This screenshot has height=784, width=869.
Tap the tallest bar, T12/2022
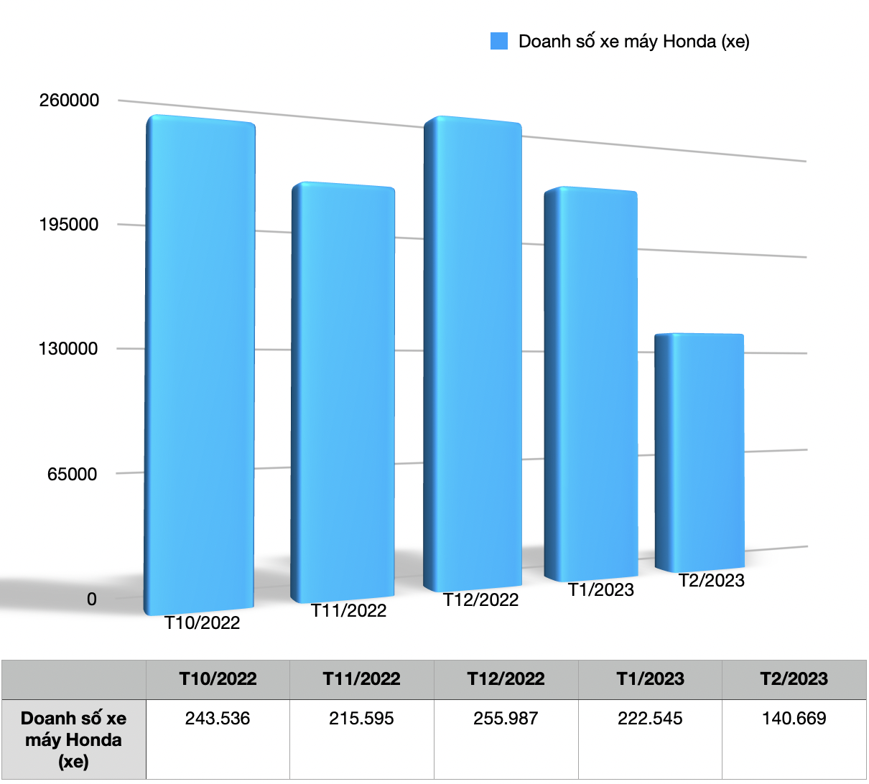[473, 352]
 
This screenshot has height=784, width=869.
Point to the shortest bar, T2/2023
[700, 452]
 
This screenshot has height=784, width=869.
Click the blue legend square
[499, 42]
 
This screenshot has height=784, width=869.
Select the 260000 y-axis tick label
[69, 101]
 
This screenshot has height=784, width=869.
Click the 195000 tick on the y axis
[69, 225]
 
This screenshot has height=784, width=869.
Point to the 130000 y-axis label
[69, 349]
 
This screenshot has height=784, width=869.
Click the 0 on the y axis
[92, 599]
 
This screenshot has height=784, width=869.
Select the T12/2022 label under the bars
[481, 600]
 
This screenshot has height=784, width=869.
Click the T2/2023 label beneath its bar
[712, 581]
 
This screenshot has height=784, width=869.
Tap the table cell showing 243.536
[218, 719]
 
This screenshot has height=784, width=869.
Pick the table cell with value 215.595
[362, 719]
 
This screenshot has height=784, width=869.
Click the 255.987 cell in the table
[506, 719]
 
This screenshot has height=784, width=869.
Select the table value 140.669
[794, 719]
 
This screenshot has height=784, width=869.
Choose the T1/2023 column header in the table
[650, 679]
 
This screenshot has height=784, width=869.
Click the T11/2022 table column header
[362, 679]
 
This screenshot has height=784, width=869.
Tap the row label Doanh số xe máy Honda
[73, 739]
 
